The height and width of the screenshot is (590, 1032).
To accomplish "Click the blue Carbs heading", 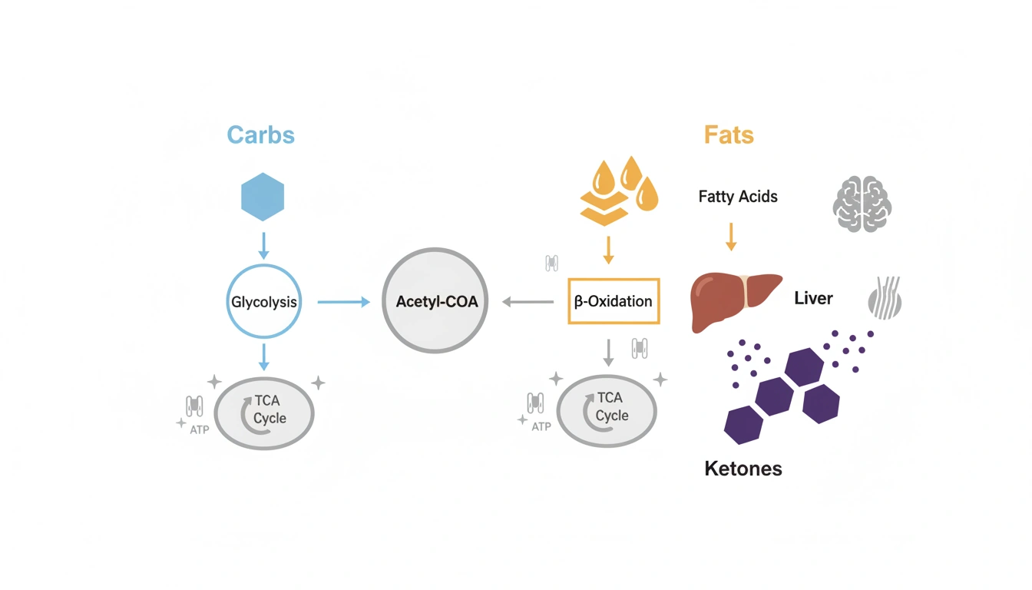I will click(x=260, y=135).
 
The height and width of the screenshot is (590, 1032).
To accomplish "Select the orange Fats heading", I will click(x=729, y=135).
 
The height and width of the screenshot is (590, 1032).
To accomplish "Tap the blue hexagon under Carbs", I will click(x=263, y=197).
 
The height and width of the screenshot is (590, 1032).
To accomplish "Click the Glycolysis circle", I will click(x=263, y=302).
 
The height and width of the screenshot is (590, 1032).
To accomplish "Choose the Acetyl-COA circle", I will click(x=435, y=301).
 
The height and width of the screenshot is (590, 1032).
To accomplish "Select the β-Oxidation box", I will click(x=614, y=301).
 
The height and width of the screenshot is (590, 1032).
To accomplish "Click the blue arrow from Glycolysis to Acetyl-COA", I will click(x=343, y=302).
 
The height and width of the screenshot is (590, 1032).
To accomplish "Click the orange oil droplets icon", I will click(x=618, y=191).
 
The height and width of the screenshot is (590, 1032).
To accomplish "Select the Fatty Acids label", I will click(x=738, y=197).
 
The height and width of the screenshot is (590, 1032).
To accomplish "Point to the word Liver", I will click(x=813, y=298).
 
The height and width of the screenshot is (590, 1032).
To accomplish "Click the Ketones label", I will click(x=743, y=468).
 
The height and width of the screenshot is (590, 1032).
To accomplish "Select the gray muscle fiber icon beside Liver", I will click(x=884, y=298).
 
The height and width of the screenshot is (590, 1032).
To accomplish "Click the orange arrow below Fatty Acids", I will click(x=731, y=236).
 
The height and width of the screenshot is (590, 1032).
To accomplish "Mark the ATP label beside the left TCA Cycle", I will click(x=199, y=430).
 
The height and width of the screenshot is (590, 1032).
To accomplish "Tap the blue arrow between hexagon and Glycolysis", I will click(x=263, y=245).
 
